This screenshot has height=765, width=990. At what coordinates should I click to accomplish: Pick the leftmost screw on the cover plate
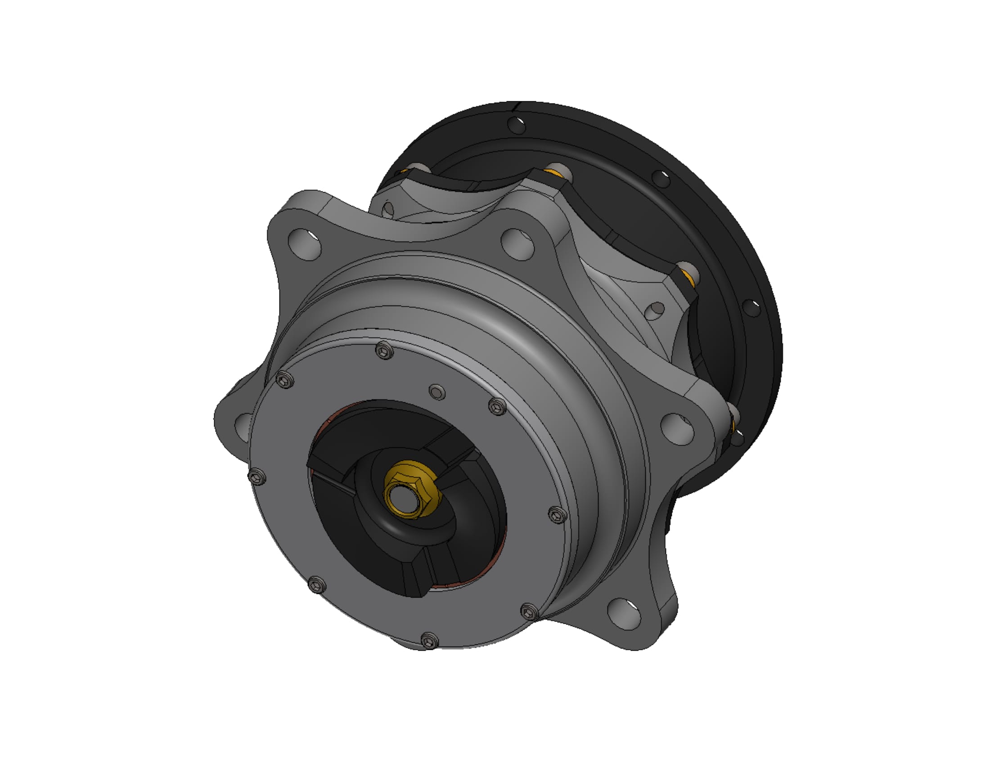(257, 476)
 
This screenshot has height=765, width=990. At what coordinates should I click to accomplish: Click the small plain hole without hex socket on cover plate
(437, 392)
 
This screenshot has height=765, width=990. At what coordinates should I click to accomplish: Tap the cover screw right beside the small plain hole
(498, 406)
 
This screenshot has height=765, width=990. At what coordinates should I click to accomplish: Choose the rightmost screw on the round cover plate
(558, 515)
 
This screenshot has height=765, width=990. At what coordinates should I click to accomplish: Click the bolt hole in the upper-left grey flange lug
(305, 243)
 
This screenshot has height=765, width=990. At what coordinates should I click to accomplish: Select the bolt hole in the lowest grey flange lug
(624, 611)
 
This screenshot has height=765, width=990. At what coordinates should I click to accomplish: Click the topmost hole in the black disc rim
(517, 125)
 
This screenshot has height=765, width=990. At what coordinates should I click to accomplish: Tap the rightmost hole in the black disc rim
(751, 308)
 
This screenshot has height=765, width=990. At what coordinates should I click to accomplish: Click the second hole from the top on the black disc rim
(662, 179)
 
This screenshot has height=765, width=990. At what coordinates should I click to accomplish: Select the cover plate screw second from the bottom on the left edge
(316, 585)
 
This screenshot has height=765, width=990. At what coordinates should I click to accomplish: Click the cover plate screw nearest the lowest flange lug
(529, 612)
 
